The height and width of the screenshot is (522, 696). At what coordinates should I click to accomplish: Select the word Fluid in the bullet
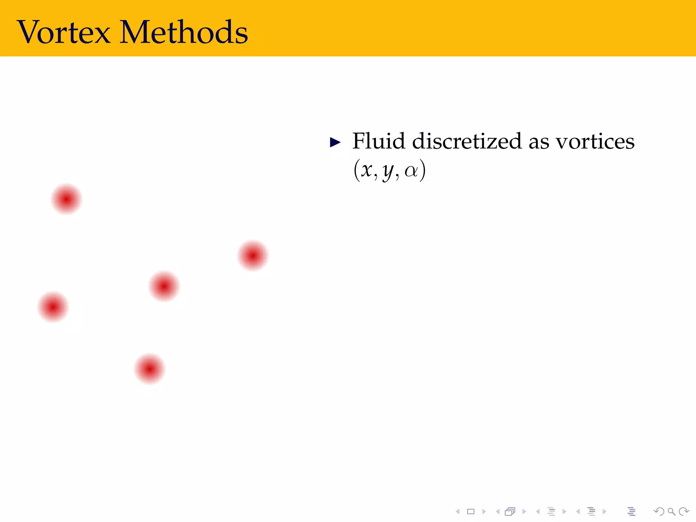click(x=379, y=141)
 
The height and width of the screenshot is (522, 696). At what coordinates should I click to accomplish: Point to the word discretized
click(x=467, y=141)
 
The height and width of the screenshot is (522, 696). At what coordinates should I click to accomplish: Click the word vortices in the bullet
click(x=595, y=142)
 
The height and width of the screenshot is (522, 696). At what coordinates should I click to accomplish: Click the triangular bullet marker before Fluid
click(x=335, y=142)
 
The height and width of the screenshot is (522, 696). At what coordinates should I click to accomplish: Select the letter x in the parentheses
click(x=366, y=170)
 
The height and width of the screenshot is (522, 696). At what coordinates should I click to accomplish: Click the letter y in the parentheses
click(x=388, y=172)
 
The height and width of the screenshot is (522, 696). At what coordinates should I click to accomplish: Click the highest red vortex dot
click(x=66, y=199)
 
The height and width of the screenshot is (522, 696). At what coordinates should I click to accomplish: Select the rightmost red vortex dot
click(x=253, y=255)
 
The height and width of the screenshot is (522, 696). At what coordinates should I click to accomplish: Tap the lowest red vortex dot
click(x=150, y=369)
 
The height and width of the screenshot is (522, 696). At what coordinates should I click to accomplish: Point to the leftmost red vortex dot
click(x=53, y=307)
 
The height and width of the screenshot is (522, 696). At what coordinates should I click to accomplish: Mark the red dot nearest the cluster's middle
click(x=164, y=286)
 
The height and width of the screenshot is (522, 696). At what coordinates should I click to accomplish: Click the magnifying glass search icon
click(x=671, y=511)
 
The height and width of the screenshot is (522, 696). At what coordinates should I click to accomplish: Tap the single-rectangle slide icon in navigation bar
click(x=471, y=511)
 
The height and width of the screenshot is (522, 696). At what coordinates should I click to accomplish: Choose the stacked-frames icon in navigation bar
click(x=510, y=511)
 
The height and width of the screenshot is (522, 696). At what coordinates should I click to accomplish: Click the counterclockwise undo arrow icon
click(x=659, y=511)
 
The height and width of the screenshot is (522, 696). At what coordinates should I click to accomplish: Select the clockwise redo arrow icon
click(x=683, y=511)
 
